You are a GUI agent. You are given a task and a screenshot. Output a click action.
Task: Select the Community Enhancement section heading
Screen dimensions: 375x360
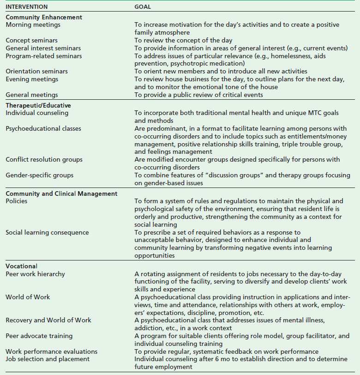[44, 18]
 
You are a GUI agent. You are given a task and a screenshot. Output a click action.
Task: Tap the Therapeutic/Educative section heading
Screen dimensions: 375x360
[38, 105]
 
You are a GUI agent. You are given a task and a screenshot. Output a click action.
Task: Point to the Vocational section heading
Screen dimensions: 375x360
[22, 266]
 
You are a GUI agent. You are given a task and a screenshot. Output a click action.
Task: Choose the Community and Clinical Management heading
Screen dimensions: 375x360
[61, 194]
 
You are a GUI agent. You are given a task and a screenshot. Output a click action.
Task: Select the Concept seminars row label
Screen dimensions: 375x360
[30, 41]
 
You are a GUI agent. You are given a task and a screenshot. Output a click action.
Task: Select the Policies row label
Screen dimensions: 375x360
[16, 201]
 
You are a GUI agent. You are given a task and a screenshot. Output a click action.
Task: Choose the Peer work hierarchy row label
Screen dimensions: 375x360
[35, 274]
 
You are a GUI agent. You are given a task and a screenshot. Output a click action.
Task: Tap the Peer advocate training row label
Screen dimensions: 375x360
[39, 336]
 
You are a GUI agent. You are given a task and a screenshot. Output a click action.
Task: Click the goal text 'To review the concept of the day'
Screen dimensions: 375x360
[183, 41]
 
